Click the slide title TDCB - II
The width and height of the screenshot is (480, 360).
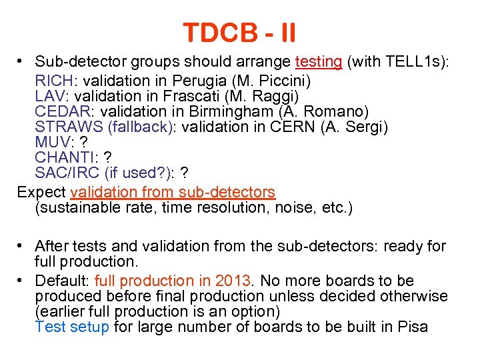[240, 31]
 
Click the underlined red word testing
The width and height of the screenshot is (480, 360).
[318, 62]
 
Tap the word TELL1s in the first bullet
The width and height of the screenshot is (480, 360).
[413, 62]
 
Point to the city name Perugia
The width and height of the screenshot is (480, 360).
[195, 81]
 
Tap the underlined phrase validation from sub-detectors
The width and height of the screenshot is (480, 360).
[172, 192]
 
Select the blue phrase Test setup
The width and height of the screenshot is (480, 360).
[72, 327]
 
